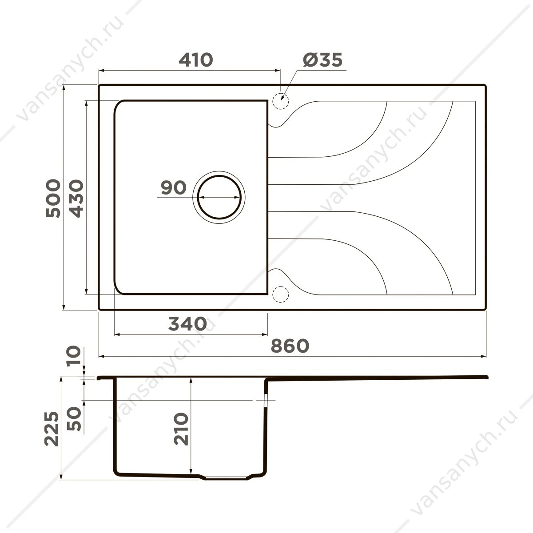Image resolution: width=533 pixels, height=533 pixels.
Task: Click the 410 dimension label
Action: [x=196, y=60]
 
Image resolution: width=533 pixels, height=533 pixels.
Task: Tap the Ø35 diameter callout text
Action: [x=322, y=60]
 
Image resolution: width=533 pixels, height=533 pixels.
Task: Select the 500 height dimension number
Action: [x=53, y=198]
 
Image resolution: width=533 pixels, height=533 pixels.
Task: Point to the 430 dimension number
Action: [x=76, y=198]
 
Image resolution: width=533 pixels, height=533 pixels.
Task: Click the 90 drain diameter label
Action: [x=174, y=187]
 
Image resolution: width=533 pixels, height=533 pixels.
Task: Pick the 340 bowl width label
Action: [x=187, y=323]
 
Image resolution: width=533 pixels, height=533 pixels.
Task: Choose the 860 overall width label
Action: [x=290, y=346]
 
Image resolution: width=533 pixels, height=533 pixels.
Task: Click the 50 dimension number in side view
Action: [x=75, y=419]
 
